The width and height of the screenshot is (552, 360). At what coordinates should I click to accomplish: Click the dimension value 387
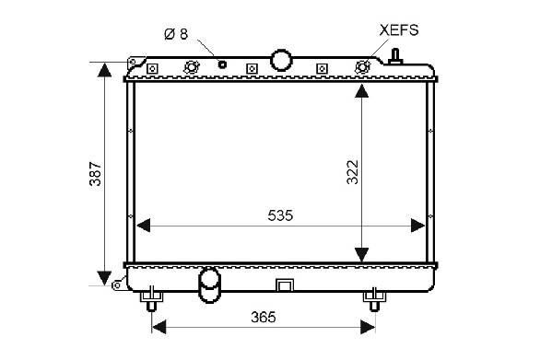96,174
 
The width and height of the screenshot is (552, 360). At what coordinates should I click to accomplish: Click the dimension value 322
352,172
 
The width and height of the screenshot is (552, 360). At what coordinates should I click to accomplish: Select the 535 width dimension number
280,215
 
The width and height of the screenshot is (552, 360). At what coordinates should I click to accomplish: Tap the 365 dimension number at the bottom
264,317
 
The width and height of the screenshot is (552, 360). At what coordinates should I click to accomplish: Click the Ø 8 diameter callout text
176,34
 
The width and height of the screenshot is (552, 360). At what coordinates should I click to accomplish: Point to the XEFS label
399,30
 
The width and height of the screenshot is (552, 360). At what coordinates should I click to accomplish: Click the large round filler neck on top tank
281,61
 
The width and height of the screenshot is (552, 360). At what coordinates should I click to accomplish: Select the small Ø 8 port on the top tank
222,64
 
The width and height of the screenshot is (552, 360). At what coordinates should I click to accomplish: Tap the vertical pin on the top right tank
395,56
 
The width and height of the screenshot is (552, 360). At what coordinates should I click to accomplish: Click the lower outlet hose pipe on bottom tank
209,285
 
